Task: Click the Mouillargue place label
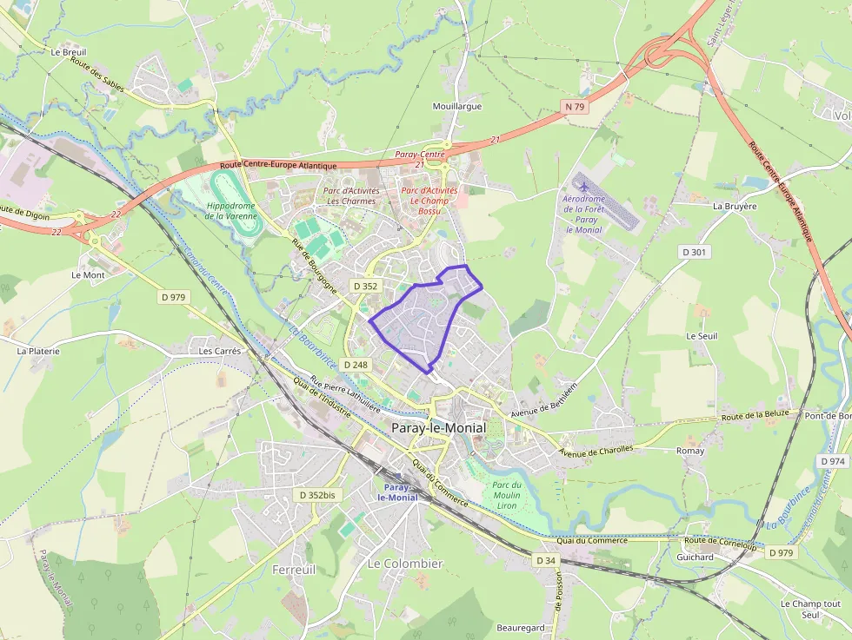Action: [456, 107]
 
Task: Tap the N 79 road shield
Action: [574, 107]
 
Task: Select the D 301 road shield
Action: [694, 252]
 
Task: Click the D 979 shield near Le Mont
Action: [174, 297]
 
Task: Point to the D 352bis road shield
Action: [316, 495]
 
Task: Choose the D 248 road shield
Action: [356, 365]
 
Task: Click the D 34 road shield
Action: [545, 560]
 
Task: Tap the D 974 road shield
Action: [832, 461]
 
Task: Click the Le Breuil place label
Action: [68, 52]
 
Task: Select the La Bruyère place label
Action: [735, 207]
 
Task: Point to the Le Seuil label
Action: [702, 336]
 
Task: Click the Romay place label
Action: [690, 452]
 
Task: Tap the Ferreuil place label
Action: [294, 570]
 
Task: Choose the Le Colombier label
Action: [404, 564]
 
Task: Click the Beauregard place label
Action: [521, 628]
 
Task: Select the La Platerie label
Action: [38, 352]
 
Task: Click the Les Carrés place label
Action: [219, 352]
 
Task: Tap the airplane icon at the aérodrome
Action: [582, 186]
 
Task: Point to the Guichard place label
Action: [695, 558]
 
